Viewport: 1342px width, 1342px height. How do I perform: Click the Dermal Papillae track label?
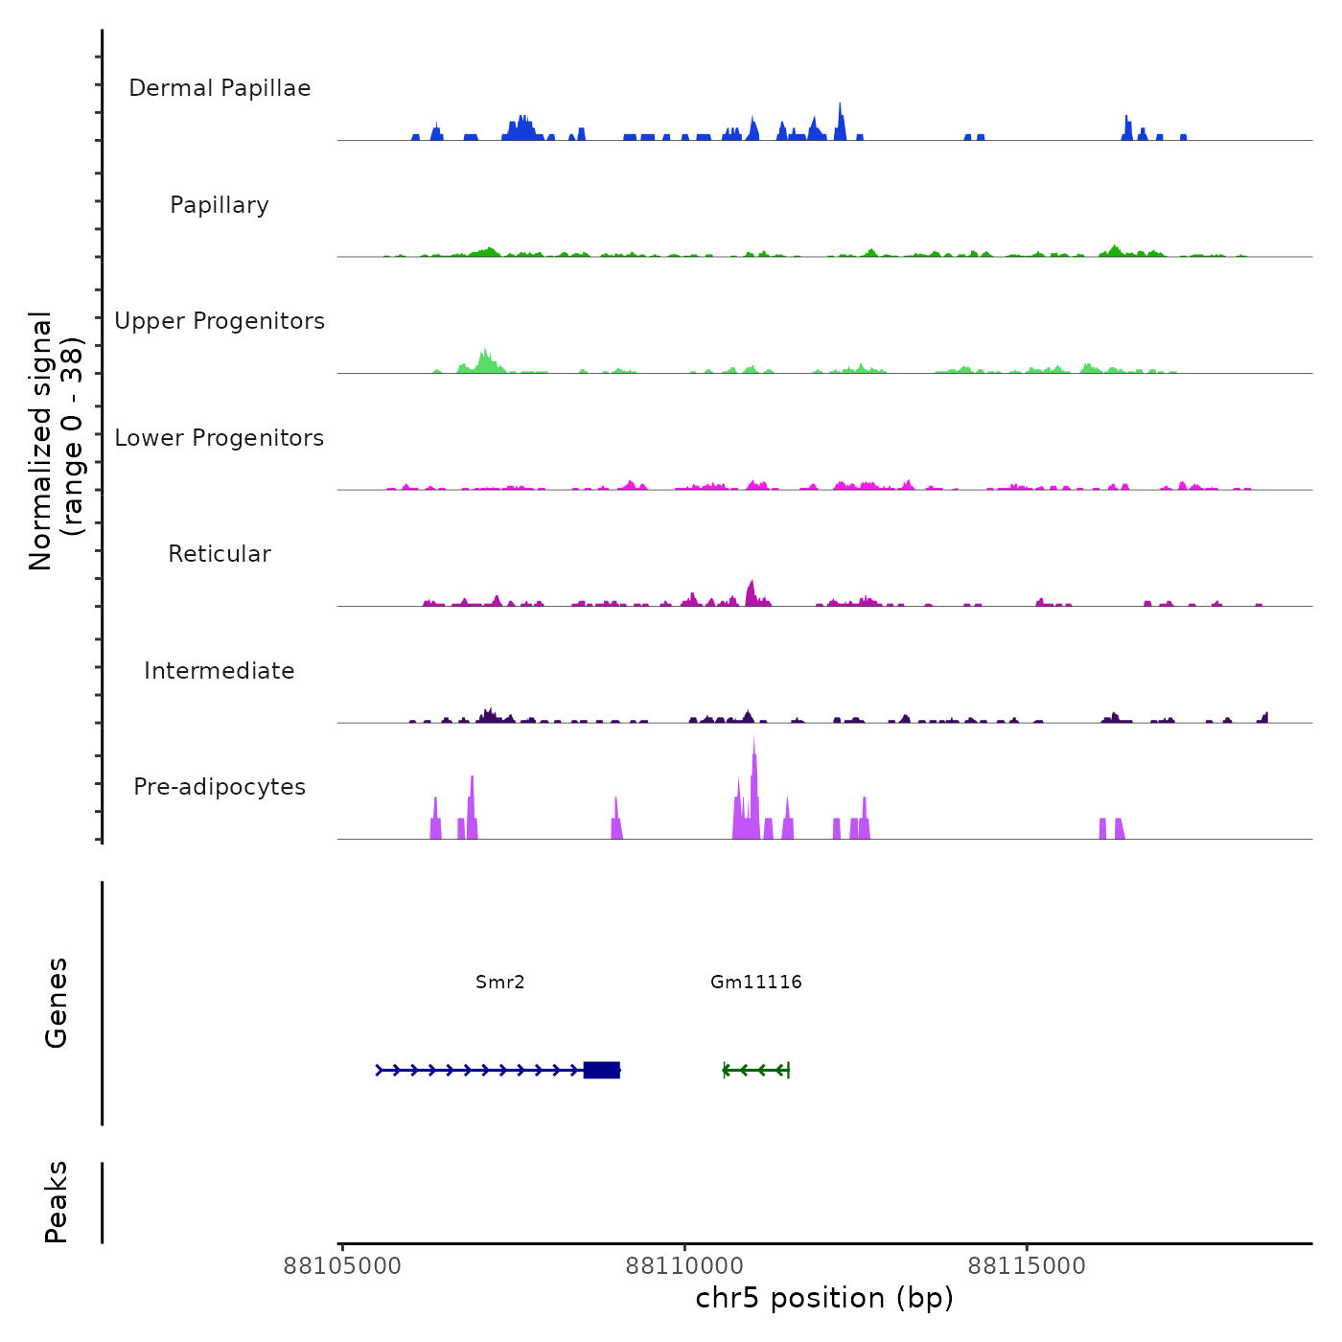[220, 88]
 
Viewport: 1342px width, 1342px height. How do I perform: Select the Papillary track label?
[220, 205]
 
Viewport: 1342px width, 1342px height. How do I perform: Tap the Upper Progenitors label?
[220, 321]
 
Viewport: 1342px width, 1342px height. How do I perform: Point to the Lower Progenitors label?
[220, 438]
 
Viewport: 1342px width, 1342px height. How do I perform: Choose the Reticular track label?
[220, 554]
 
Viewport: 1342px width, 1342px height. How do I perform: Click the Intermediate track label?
[220, 671]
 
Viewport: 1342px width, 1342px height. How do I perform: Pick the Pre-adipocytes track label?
[220, 787]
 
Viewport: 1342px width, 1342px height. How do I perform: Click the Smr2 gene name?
[500, 982]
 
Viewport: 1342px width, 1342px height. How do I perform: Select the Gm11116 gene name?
[756, 982]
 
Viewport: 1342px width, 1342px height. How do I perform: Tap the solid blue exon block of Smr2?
[602, 1070]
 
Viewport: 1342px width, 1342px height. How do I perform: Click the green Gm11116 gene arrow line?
[756, 1070]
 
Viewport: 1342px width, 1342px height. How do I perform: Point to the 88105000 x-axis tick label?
[342, 1266]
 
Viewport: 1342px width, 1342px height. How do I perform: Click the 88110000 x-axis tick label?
[684, 1266]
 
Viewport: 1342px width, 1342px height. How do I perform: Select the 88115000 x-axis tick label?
[1027, 1266]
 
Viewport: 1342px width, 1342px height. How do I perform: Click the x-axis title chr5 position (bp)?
[824, 1298]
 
